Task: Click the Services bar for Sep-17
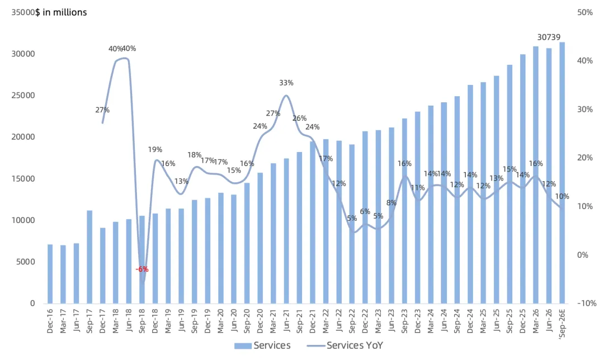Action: pos(89,257)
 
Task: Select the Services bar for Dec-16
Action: pos(50,274)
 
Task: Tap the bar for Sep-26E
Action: pos(562,173)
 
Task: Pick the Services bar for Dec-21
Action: pos(313,222)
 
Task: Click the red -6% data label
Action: pos(142,269)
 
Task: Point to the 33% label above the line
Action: pos(286,83)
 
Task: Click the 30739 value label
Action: pos(549,37)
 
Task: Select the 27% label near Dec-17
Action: pos(102,110)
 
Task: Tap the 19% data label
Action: pos(155,149)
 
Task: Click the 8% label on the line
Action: pos(391,202)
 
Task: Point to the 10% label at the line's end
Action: pos(562,196)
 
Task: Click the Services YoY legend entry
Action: pos(345,345)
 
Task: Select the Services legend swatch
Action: pos(243,346)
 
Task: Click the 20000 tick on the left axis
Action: pos(23,137)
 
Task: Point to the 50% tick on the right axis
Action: pos(585,12)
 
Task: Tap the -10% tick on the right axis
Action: pos(587,304)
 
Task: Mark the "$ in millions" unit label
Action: pos(62,12)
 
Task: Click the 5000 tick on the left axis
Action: pos(25,262)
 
